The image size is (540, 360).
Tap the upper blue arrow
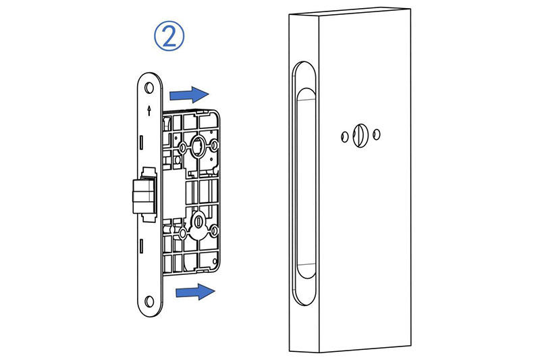(189, 92)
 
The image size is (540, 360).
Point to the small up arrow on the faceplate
(148, 109)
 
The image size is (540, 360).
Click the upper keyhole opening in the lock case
(199, 143)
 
